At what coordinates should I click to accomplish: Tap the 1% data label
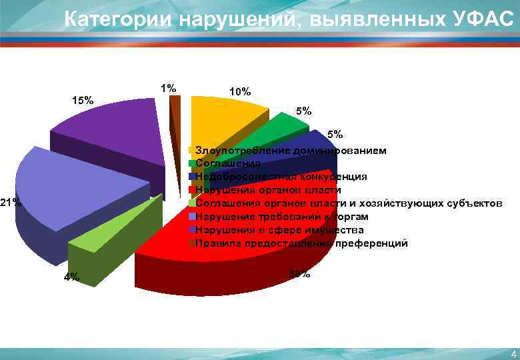coord(168,88)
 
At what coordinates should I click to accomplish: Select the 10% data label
coord(239,91)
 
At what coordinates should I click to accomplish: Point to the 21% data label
coord(11,202)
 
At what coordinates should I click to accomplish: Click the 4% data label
coord(71,277)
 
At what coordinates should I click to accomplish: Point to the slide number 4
coord(513,353)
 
